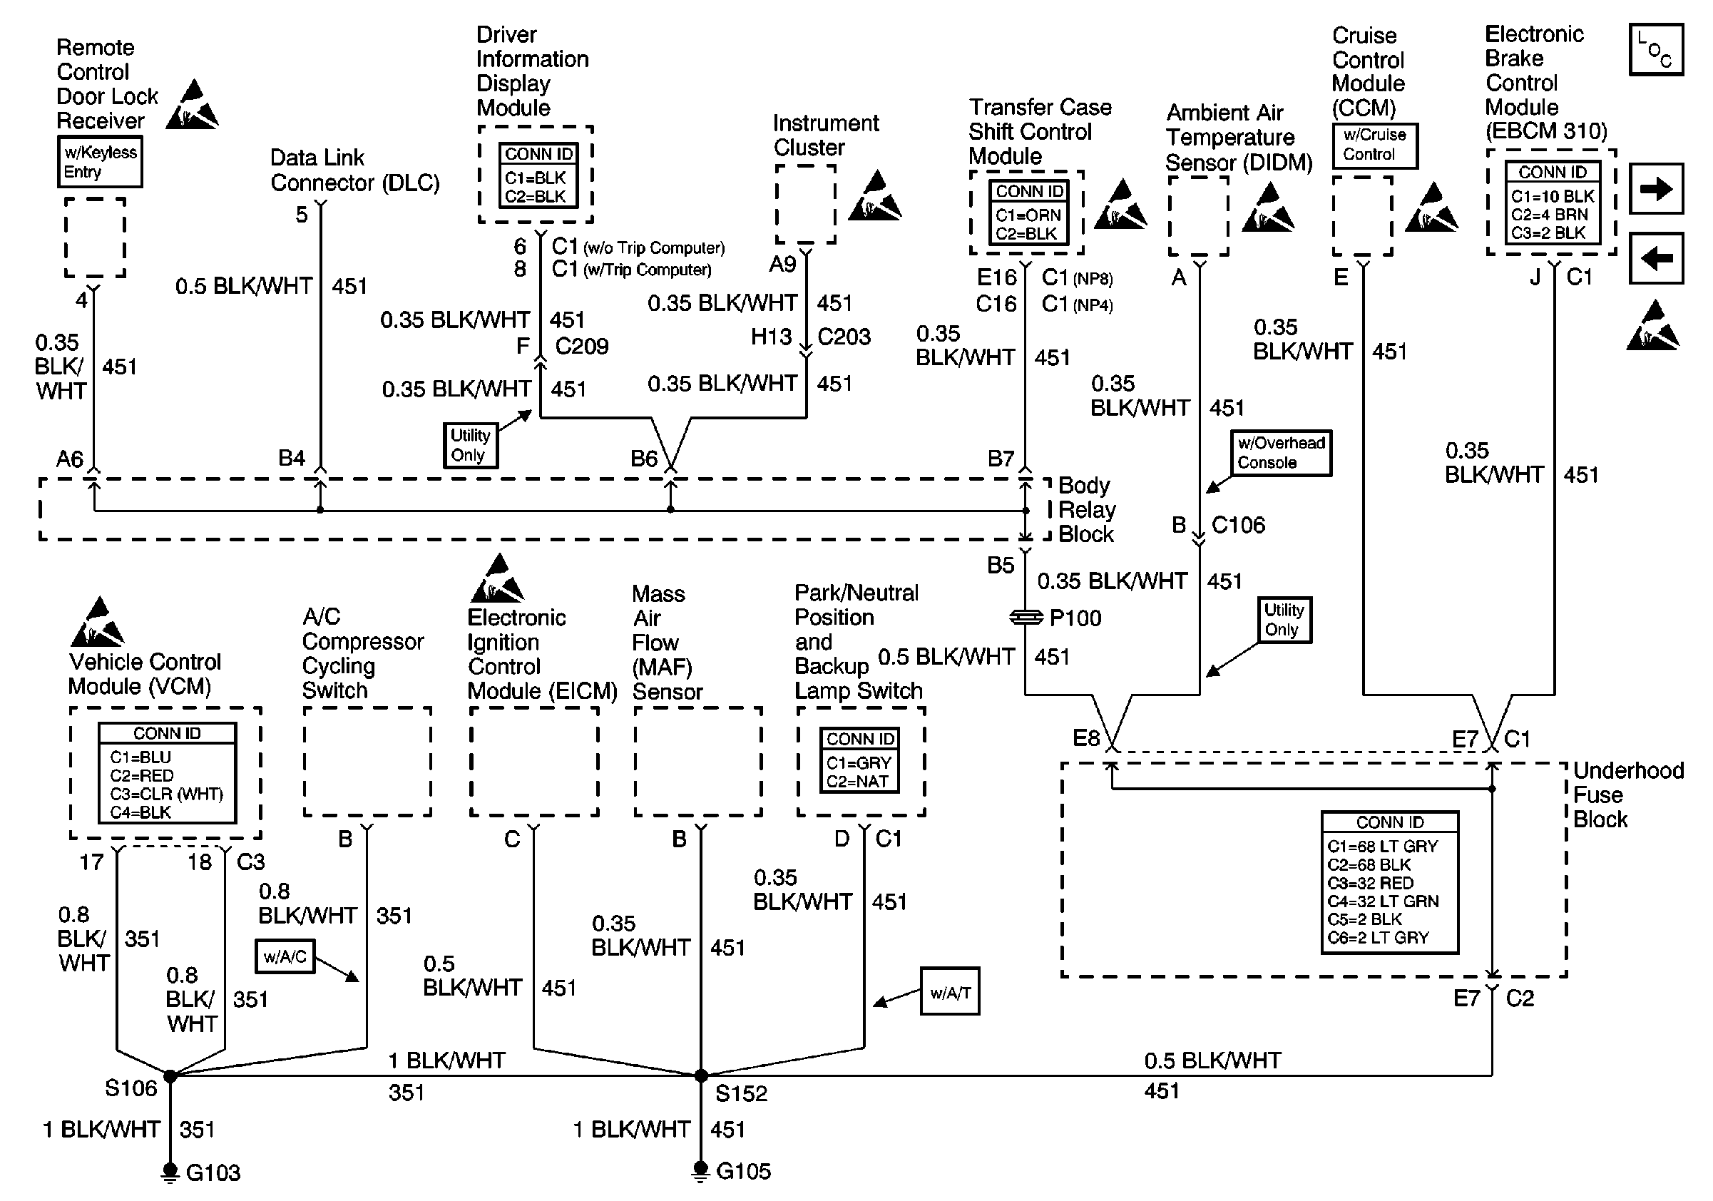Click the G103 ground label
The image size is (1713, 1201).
point(213,1173)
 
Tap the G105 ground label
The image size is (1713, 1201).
point(743,1171)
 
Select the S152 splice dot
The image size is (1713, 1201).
point(700,1075)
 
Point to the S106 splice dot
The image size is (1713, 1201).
point(170,1075)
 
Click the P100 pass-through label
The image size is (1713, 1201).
point(1075,618)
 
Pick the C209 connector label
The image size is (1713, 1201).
point(582,346)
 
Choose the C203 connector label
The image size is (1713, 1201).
point(844,337)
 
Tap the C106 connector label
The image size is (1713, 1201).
point(1238,525)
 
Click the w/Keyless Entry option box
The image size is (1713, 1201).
point(100,162)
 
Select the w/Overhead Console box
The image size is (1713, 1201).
point(1281,453)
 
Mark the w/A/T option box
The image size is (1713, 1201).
point(950,992)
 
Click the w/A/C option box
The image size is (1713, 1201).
point(285,956)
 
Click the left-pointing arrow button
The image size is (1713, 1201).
point(1655,259)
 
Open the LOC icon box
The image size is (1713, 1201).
point(1655,50)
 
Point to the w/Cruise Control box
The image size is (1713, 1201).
point(1374,145)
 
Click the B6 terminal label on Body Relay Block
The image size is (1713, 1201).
point(644,458)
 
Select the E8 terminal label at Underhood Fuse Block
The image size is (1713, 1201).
point(1085,739)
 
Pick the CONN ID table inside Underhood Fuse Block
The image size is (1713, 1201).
point(1389,882)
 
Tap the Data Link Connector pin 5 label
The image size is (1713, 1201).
point(302,215)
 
